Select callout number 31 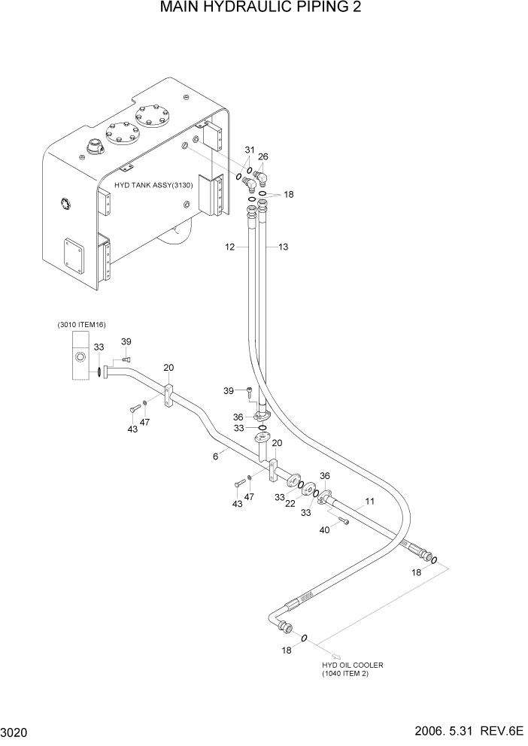(249, 150)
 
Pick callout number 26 (263, 156)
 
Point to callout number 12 (230, 247)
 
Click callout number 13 (283, 247)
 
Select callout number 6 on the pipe (216, 456)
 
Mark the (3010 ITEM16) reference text (81, 324)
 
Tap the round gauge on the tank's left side (65, 202)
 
